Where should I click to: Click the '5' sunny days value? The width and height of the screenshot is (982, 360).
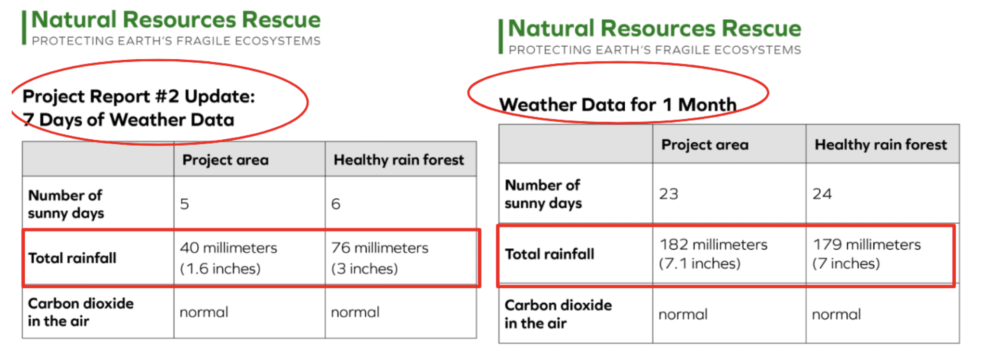pyautogui.click(x=184, y=204)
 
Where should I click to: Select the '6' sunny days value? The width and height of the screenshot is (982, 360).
pyautogui.click(x=336, y=204)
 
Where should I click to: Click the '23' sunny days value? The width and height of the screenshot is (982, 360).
pyautogui.click(x=668, y=194)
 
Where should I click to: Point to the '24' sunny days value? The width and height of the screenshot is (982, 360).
pyautogui.click(x=822, y=194)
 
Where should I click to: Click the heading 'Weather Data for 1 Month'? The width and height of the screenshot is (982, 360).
pyautogui.click(x=618, y=105)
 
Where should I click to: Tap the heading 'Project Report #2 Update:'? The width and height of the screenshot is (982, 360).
pyautogui.click(x=139, y=96)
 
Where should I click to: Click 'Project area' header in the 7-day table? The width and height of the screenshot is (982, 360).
pyautogui.click(x=225, y=160)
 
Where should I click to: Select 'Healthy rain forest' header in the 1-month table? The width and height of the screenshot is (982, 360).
pyautogui.click(x=881, y=145)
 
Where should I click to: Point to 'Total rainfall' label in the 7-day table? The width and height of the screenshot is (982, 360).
pyautogui.click(x=72, y=258)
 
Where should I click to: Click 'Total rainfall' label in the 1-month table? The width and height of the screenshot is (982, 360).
pyautogui.click(x=549, y=254)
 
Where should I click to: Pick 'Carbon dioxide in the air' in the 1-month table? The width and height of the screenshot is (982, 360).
pyautogui.click(x=558, y=314)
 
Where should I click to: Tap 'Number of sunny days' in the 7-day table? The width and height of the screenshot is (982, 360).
pyautogui.click(x=66, y=204)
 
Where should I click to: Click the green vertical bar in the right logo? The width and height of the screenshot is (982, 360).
pyautogui.click(x=501, y=36)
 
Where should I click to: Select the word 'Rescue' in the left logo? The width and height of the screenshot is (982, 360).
pyautogui.click(x=281, y=20)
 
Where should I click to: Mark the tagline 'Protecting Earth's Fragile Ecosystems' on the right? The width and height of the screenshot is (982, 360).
pyautogui.click(x=655, y=50)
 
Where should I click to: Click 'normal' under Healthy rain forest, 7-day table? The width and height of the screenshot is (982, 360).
pyautogui.click(x=355, y=312)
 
